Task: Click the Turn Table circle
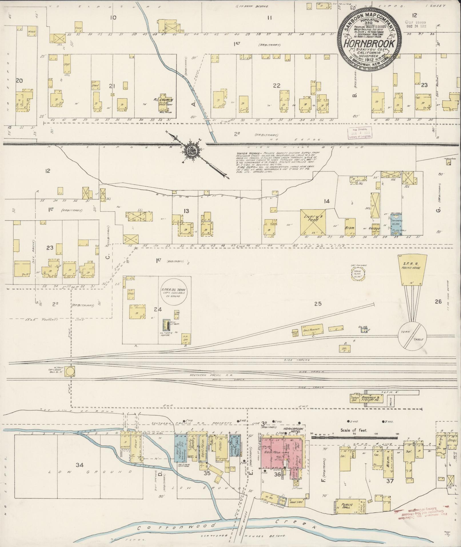click(412, 335)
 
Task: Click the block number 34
click(80, 465)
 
